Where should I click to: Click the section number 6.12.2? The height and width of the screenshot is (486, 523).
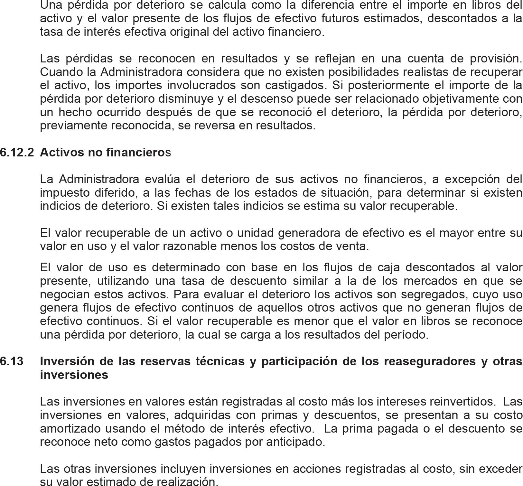[x=17, y=152]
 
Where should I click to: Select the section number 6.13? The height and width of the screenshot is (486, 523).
[x=12, y=361]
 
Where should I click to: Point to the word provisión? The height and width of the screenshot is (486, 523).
[x=495, y=59]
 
